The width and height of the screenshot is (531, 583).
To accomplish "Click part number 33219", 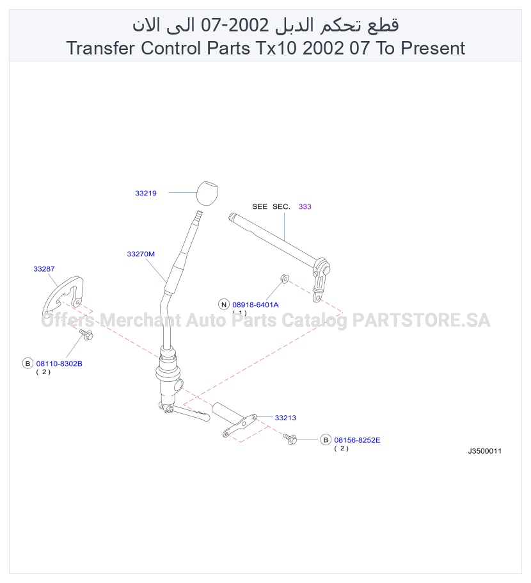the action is point(146,193).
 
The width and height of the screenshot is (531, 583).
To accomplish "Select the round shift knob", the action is point(207,193).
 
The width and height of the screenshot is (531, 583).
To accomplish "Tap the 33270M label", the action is point(141,254).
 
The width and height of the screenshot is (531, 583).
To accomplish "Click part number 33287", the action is point(44,269).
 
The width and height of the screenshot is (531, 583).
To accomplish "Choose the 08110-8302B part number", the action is point(59,364).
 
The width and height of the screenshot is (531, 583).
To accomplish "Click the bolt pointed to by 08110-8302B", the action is point(86,334).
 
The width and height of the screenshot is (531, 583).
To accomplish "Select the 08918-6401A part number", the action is point(255,305).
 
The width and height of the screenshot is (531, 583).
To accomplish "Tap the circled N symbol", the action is point(223,304).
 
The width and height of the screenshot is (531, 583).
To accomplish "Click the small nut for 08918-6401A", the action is point(285,278).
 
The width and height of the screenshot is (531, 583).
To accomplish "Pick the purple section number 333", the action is point(305,207).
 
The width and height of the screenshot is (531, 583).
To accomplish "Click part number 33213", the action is point(285,418).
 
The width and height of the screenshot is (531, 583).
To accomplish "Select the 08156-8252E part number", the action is point(357,440).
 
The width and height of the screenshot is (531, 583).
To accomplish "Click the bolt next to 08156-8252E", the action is point(290,439).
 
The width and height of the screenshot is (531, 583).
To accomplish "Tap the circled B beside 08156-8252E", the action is point(326,440).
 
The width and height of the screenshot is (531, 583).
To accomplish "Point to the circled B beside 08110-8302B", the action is point(28,363).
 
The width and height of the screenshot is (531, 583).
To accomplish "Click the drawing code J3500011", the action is point(484,451).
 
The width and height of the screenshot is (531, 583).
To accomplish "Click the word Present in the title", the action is point(433,48).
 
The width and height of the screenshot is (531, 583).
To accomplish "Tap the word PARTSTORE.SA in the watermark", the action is point(422,320).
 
